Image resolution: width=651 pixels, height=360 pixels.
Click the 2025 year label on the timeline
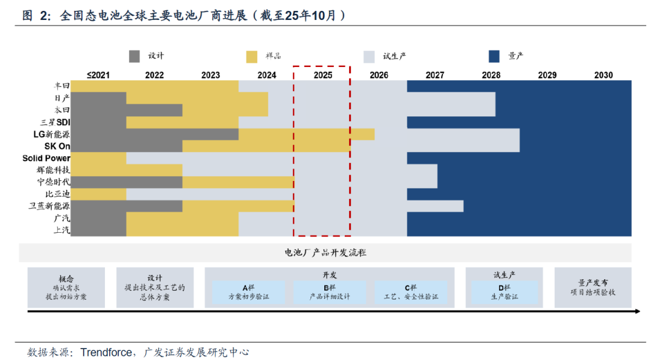[322, 75]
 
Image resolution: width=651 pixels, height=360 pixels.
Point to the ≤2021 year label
[98, 75]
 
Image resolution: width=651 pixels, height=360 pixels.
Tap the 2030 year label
[603, 75]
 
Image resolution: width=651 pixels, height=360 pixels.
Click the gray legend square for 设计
[135, 57]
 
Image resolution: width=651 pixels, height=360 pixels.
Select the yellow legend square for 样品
[253, 57]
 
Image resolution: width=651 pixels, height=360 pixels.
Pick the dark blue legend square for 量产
[495, 57]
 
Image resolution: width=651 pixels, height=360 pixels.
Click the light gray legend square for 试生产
[370, 57]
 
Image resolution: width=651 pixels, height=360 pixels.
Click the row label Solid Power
[46, 159]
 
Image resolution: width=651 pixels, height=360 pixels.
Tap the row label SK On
[57, 147]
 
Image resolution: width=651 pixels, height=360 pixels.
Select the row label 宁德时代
[53, 182]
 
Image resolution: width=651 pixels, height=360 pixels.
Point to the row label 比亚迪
[57, 194]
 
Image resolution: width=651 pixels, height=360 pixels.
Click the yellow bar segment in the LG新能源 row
[306, 134]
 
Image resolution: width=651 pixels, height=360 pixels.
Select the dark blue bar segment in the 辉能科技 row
[423, 170]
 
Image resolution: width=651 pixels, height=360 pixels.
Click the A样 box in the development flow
[248, 292]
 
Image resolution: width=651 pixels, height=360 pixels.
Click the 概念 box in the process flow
[66, 288]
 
